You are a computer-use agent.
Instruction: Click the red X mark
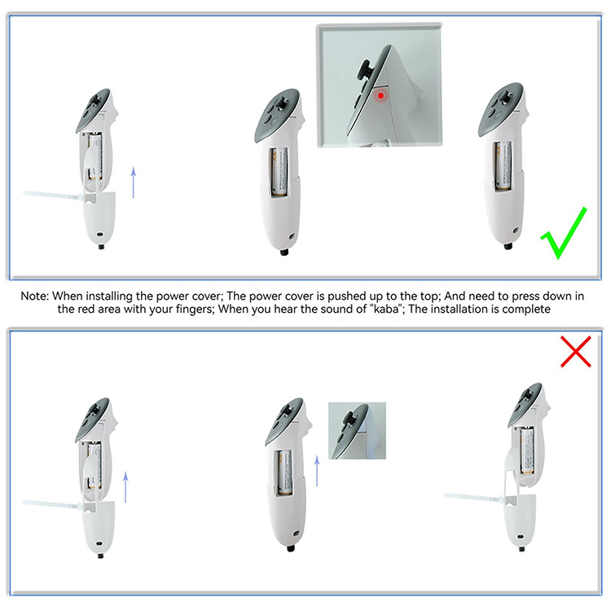tap(575, 351)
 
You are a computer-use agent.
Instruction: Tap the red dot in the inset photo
tap(380, 95)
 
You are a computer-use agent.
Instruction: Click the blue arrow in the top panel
tap(134, 182)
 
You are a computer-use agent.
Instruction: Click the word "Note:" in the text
tap(35, 297)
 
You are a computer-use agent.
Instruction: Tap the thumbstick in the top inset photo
tap(367, 71)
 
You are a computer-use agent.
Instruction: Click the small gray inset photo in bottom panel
tap(357, 431)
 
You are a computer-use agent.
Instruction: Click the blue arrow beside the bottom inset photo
tap(317, 471)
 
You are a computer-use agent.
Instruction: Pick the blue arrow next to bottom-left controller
tap(125, 487)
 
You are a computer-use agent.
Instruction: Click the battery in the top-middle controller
tap(279, 171)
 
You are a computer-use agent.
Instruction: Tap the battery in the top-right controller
tap(503, 165)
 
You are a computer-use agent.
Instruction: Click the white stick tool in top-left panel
tap(54, 196)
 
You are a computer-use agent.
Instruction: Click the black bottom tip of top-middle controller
tap(284, 252)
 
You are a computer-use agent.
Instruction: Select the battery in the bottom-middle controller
tap(285, 473)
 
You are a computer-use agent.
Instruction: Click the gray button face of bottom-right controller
tap(525, 403)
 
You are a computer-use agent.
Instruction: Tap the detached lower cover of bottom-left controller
tap(99, 529)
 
